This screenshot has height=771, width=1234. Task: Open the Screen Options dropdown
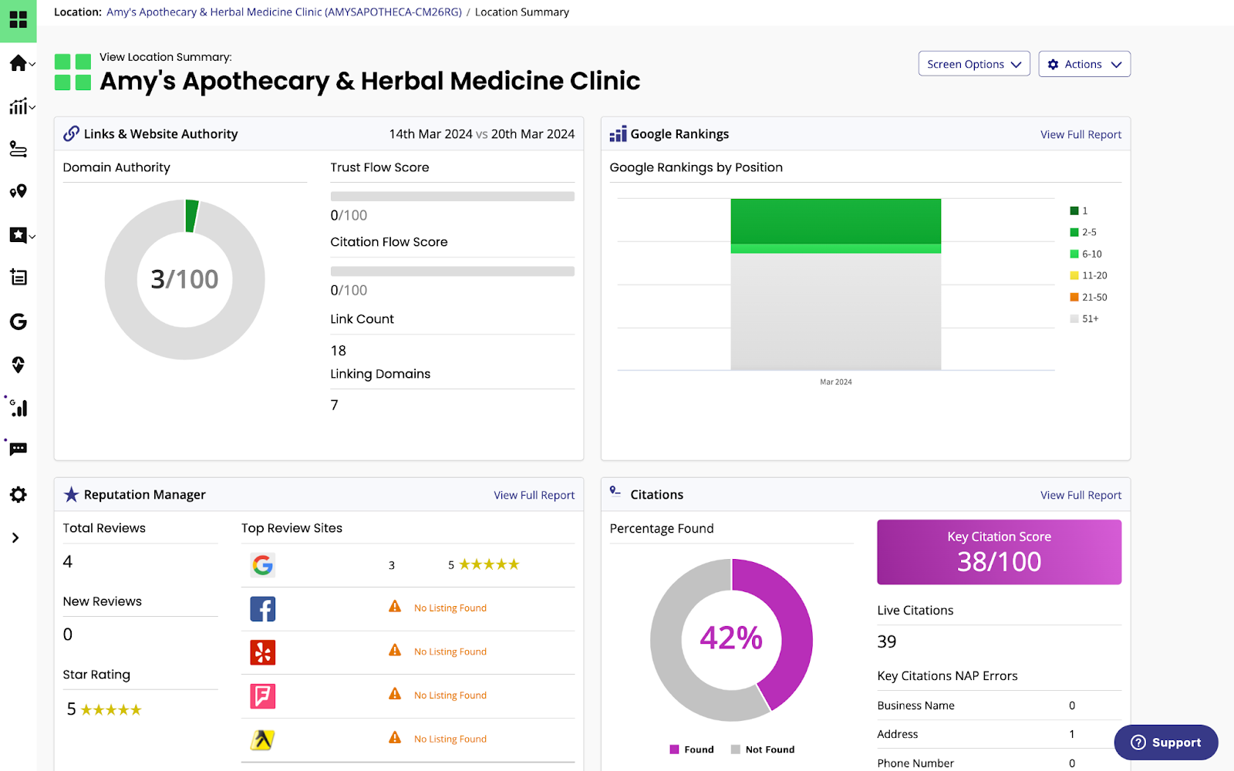coord(973,64)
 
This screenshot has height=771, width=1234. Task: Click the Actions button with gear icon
coord(1084,64)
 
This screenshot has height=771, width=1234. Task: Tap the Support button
coord(1165,742)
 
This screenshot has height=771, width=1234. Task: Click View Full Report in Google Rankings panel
coord(1081,134)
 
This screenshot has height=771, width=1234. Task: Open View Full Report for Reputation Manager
coord(534,495)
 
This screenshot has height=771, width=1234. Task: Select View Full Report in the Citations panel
coord(1081,495)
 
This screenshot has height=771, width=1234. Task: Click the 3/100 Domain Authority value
coord(184,279)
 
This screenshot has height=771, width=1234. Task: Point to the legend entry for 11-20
coord(1088,275)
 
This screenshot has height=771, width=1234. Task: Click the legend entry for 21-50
coord(1088,297)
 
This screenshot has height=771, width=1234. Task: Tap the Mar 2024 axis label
coord(835,382)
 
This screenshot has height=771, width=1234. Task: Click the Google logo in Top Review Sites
coord(262,565)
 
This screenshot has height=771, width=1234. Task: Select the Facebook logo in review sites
coord(262,609)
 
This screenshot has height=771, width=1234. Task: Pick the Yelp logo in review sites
coord(262,652)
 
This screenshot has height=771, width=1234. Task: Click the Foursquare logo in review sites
coord(262,696)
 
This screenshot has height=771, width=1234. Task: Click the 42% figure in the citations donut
coord(730,638)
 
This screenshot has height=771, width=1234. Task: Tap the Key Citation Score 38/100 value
coord(999,562)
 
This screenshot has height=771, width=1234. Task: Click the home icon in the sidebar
coord(18,63)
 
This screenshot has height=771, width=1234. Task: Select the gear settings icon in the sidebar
coord(18,494)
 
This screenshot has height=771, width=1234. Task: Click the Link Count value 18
coord(338,351)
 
